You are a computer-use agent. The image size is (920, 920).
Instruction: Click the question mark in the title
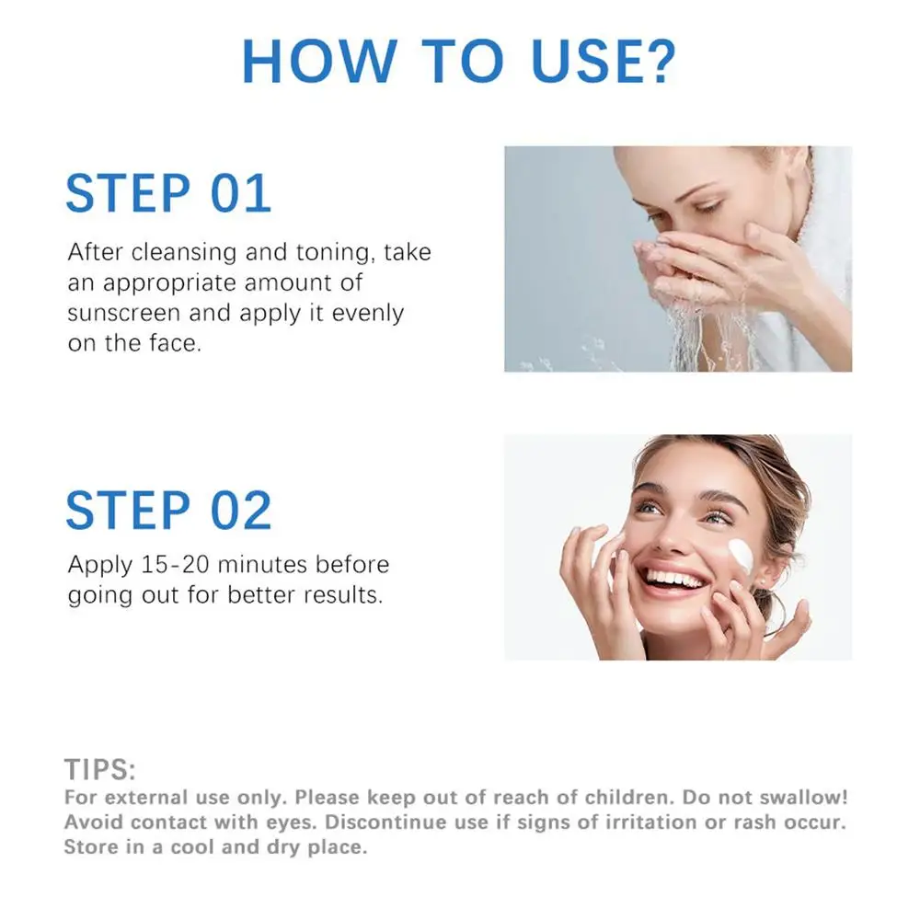660,61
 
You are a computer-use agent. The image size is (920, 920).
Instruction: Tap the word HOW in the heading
319,61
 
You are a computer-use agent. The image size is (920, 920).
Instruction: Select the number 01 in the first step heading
241,193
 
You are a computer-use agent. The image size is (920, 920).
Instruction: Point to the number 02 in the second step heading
241,510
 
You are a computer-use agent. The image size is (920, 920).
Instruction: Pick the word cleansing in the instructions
184,253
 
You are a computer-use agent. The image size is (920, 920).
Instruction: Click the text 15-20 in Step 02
176,565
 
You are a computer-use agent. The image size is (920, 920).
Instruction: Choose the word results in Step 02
343,595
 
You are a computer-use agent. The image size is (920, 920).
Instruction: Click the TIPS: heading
99,770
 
